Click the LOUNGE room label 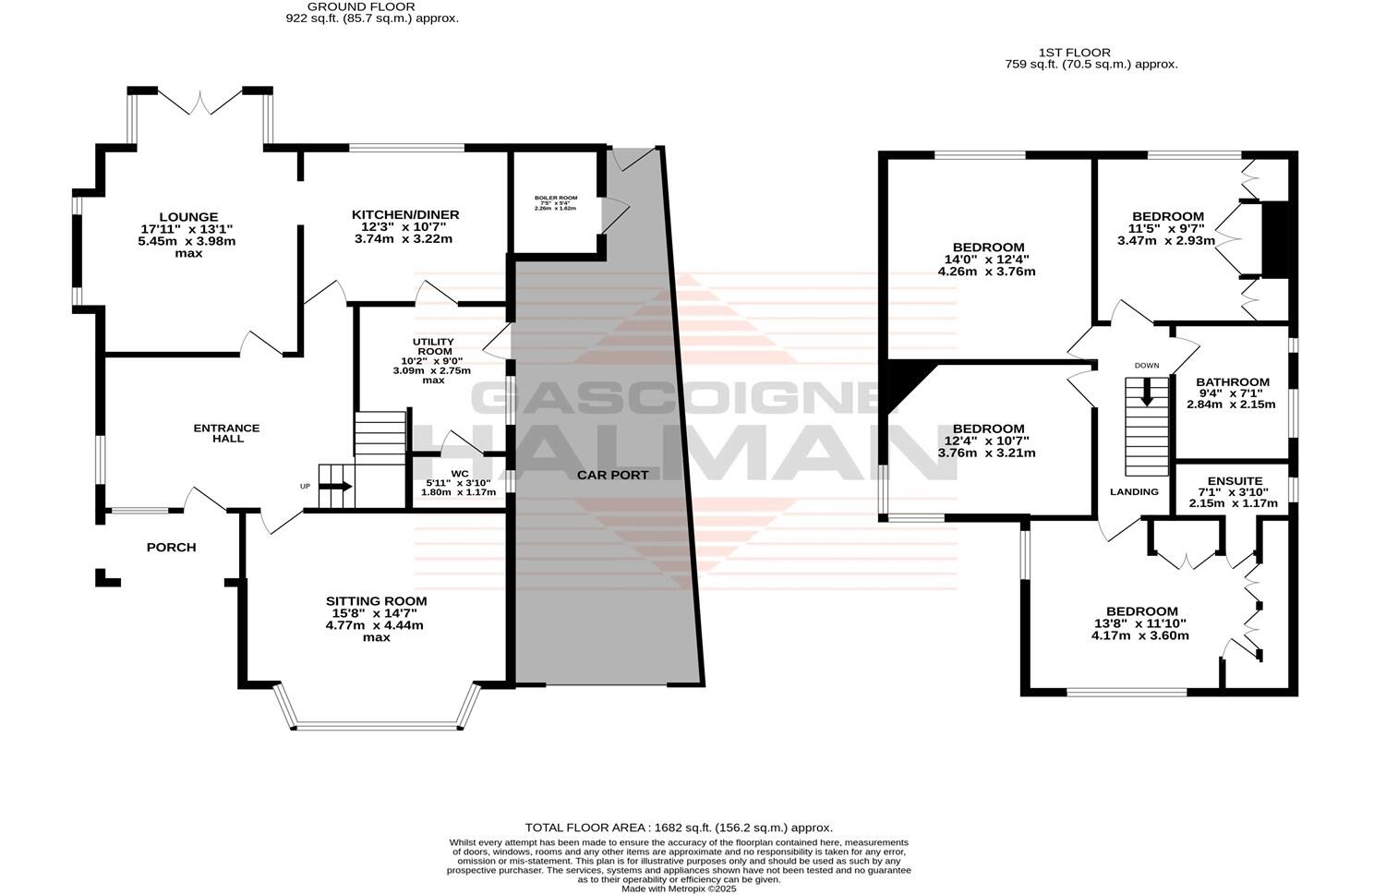tap(187, 218)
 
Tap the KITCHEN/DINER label tap(405, 215)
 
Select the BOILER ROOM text tap(555, 198)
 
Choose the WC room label tap(460, 475)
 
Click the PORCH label tap(172, 547)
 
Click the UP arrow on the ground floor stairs tap(337, 487)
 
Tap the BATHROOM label tap(1232, 381)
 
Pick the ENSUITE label tap(1235, 481)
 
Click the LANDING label tap(1134, 491)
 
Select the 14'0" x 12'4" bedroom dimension tap(987, 260)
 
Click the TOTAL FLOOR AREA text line tap(679, 828)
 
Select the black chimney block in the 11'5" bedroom tap(1274, 239)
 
